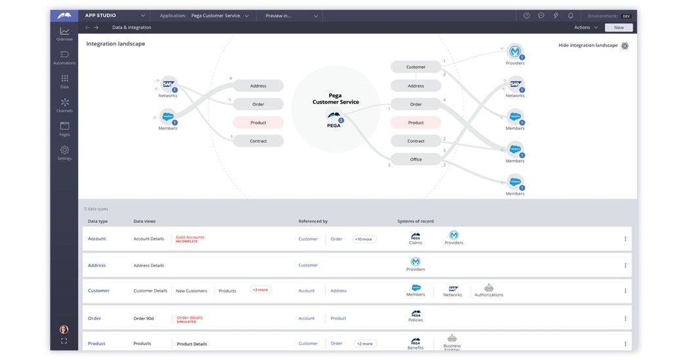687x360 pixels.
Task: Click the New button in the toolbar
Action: pyautogui.click(x=619, y=28)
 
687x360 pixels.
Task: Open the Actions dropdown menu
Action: pyautogui.click(x=586, y=28)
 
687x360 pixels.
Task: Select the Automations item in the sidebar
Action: pyautogui.click(x=64, y=57)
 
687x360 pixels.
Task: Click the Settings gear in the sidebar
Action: pyautogui.click(x=64, y=152)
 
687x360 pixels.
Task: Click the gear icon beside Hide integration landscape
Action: pyautogui.click(x=625, y=46)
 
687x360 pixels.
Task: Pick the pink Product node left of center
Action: pyautogui.click(x=258, y=123)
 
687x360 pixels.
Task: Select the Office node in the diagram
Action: pyautogui.click(x=416, y=159)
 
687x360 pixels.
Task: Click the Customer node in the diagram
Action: pyautogui.click(x=416, y=67)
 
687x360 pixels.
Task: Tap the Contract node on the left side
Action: pyautogui.click(x=258, y=141)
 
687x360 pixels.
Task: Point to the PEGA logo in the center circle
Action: pyautogui.click(x=334, y=118)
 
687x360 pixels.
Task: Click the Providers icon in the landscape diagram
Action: pyautogui.click(x=515, y=52)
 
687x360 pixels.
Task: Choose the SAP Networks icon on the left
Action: pyautogui.click(x=168, y=84)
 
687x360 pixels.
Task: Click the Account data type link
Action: pyautogui.click(x=97, y=239)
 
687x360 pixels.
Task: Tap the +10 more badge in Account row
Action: pyautogui.click(x=364, y=239)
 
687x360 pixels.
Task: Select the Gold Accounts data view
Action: pyautogui.click(x=190, y=237)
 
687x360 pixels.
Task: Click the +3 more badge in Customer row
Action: pyautogui.click(x=260, y=290)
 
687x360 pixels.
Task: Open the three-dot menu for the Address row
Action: pyautogui.click(x=625, y=266)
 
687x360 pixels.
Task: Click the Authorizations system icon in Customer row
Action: pyautogui.click(x=489, y=289)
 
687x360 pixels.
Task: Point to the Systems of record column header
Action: pyautogui.click(x=415, y=222)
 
